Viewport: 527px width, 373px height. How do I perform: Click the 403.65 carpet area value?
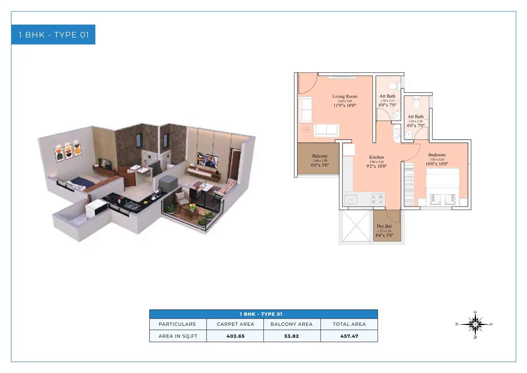pyautogui.click(x=235, y=336)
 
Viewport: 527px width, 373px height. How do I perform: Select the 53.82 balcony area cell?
pyautogui.click(x=291, y=336)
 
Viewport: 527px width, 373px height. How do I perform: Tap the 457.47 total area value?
pyautogui.click(x=349, y=336)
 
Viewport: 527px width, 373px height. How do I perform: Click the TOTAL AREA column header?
pyautogui.click(x=349, y=324)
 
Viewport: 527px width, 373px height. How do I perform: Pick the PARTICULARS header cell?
pyautogui.click(x=177, y=324)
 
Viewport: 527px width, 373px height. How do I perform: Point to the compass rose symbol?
pyautogui.click(x=475, y=325)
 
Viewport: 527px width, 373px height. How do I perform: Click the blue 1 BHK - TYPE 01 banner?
pyautogui.click(x=53, y=35)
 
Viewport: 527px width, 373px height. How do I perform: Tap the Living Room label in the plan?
pyautogui.click(x=345, y=96)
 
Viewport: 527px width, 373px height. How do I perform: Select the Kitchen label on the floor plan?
pyautogui.click(x=376, y=157)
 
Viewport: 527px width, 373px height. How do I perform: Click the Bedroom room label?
pyautogui.click(x=437, y=155)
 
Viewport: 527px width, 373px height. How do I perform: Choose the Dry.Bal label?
pyautogui.click(x=384, y=226)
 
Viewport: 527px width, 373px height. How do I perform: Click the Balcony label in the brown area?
pyautogui.click(x=320, y=156)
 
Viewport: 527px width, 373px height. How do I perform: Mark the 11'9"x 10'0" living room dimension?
pyautogui.click(x=345, y=106)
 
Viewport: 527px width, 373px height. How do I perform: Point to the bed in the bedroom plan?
pyautogui.click(x=443, y=187)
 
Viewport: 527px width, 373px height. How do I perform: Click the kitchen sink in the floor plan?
pyautogui.click(x=350, y=200)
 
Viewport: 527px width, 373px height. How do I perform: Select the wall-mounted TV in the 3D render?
pyautogui.click(x=208, y=160)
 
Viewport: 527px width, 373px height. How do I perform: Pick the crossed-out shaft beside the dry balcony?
pyautogui.click(x=355, y=226)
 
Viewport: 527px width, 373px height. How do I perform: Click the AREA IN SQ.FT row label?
pyautogui.click(x=178, y=336)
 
